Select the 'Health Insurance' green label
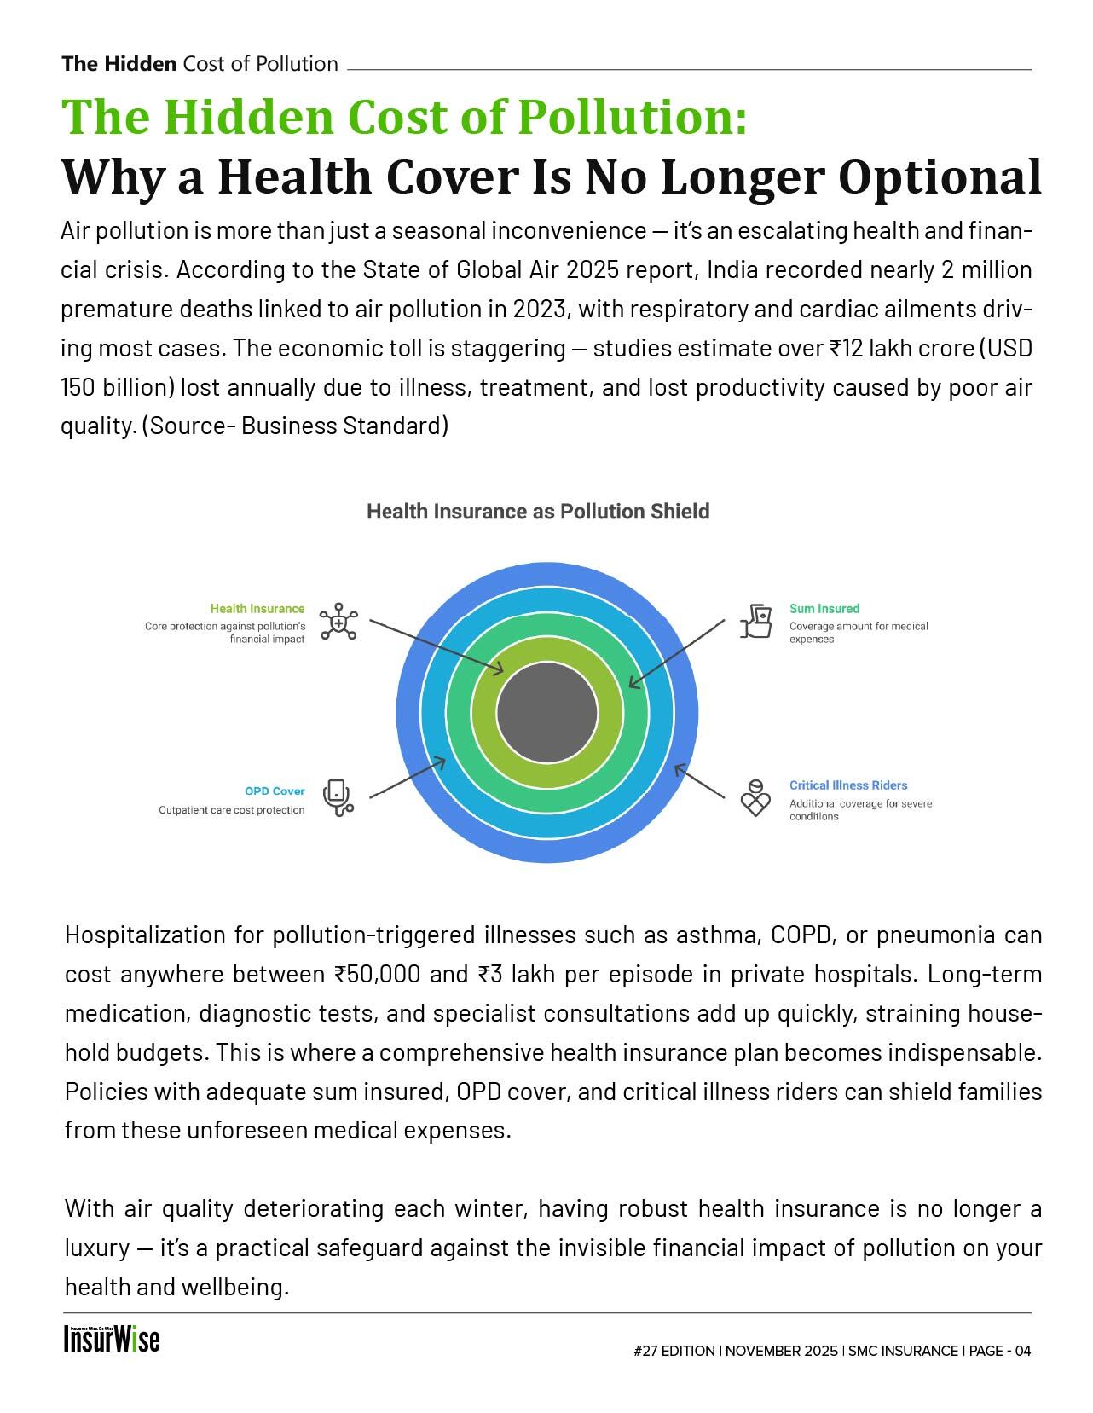(x=257, y=609)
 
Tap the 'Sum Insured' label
(x=824, y=609)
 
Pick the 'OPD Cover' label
(x=275, y=791)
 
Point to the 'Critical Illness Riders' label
(x=847, y=785)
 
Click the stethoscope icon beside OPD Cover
(x=338, y=798)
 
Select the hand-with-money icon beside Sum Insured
(x=755, y=621)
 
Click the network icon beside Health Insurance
(x=338, y=622)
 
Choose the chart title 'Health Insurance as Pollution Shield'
(x=538, y=512)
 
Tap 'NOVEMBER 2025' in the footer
(x=782, y=1351)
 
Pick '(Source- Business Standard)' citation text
(x=294, y=426)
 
